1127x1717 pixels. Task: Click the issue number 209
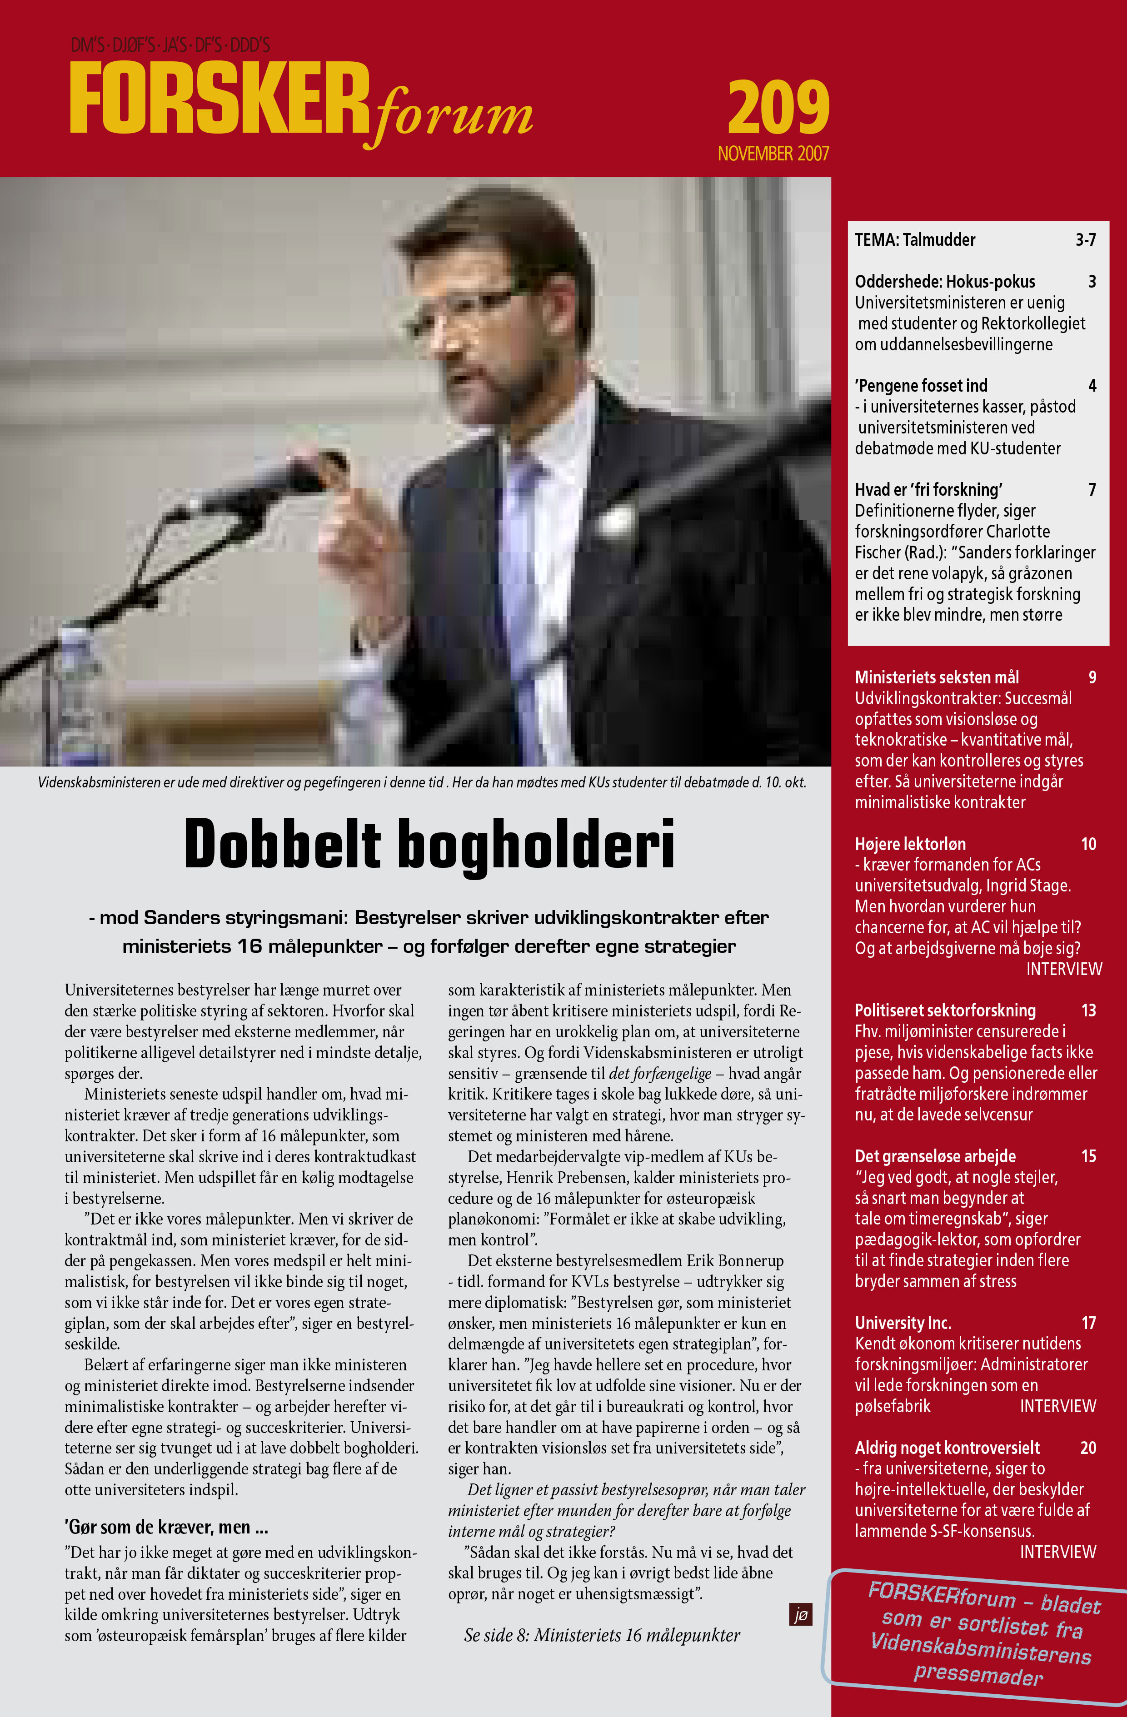point(778,108)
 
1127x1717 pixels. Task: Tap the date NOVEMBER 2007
point(773,154)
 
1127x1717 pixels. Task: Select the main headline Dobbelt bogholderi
point(429,844)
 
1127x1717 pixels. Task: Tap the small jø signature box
point(800,1614)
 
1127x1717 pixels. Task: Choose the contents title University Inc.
point(903,1322)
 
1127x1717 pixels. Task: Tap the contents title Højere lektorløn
point(910,844)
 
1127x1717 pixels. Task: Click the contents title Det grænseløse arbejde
point(935,1156)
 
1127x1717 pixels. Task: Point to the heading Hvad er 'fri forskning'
point(928,490)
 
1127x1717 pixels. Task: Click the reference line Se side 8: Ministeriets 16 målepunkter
point(602,1635)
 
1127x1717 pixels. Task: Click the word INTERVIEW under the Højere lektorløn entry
point(1063,969)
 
